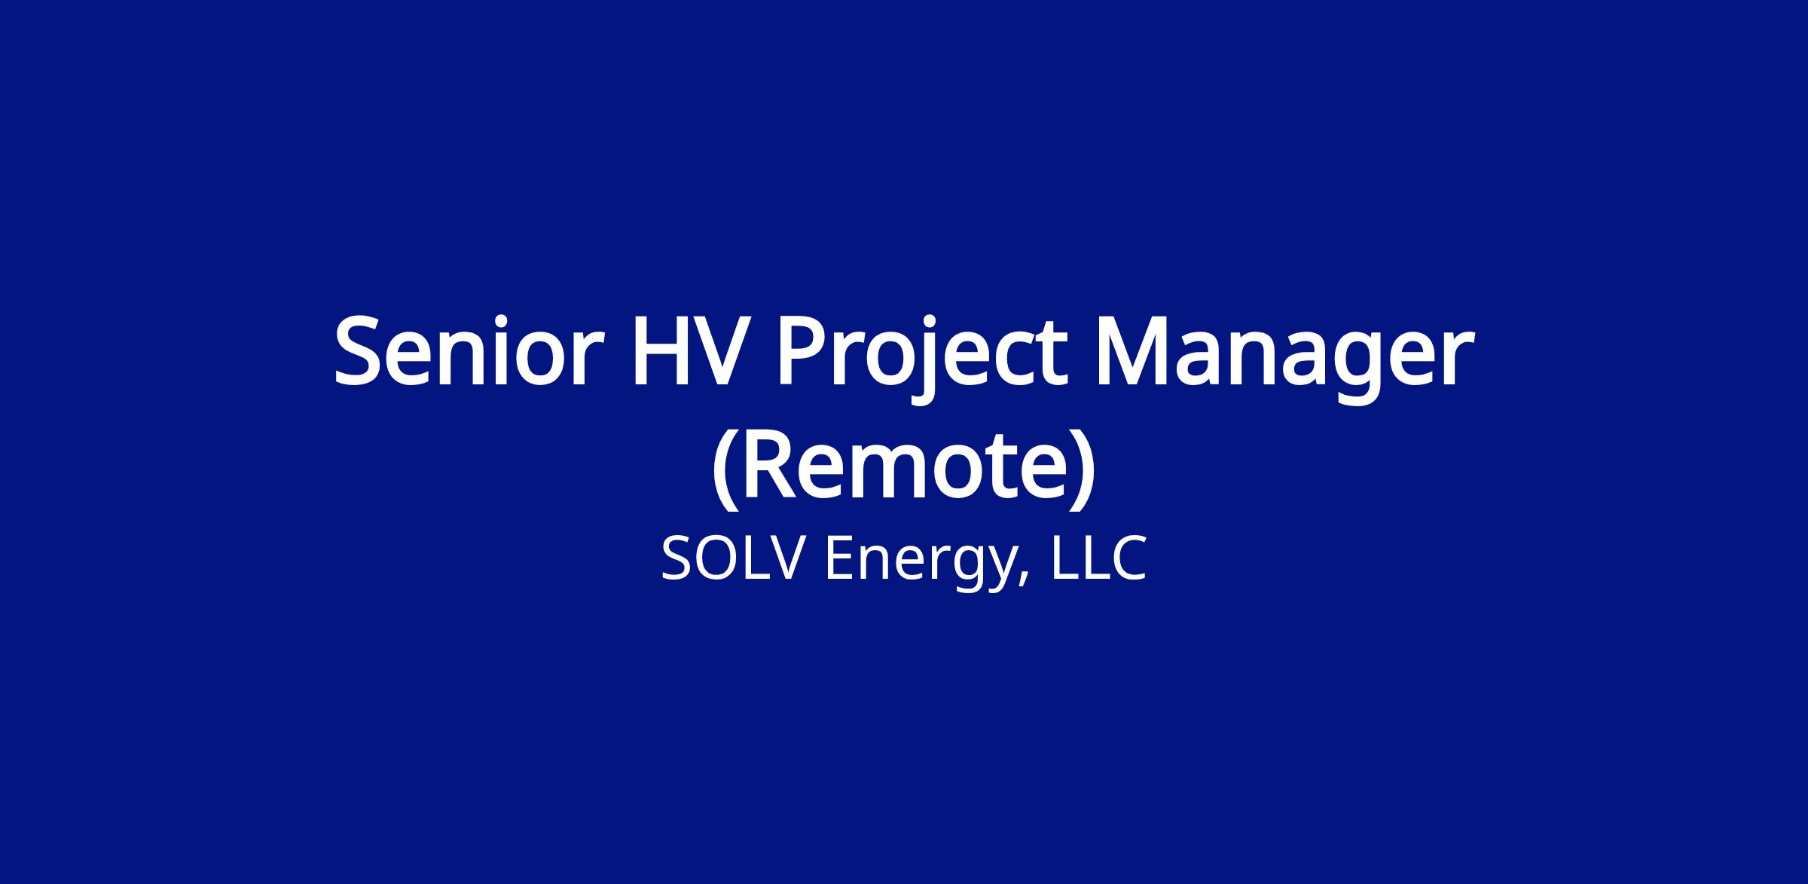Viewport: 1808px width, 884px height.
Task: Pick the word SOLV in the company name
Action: [x=728, y=559]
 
